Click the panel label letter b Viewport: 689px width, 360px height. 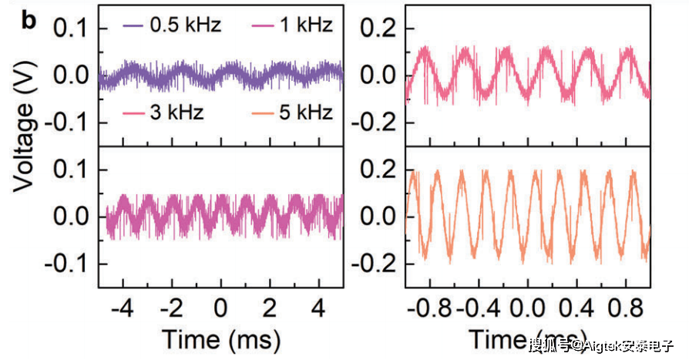pyautogui.click(x=29, y=20)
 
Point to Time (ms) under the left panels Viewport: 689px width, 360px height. pyautogui.click(x=220, y=339)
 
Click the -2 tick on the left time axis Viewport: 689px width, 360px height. pyautogui.click(x=171, y=309)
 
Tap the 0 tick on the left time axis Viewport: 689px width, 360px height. pyautogui.click(x=222, y=309)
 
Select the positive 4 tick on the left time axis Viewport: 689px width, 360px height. pyautogui.click(x=318, y=309)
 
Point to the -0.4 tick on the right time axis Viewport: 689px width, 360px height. pyautogui.click(x=477, y=309)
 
